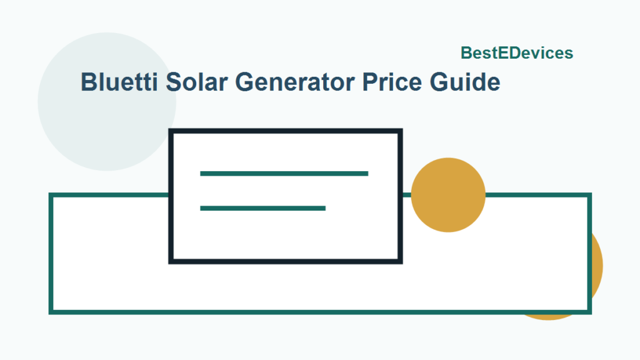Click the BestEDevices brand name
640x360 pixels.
point(517,54)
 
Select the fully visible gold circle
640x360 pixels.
point(448,195)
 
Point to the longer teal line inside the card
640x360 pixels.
point(284,173)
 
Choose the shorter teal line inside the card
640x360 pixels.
point(262,208)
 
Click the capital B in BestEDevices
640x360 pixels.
point(466,54)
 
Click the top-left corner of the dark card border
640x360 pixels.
point(171,131)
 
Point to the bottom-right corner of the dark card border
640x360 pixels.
point(400,261)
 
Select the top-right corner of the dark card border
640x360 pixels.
point(400,131)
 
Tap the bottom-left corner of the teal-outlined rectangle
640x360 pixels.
point(51,311)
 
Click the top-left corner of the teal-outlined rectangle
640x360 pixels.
point(51,196)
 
